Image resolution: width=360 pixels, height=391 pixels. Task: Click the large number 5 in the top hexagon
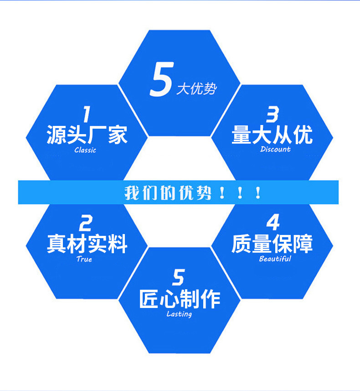(x=160, y=80)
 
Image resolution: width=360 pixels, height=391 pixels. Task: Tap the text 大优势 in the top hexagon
(x=196, y=89)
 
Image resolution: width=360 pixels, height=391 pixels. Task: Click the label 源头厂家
(x=87, y=135)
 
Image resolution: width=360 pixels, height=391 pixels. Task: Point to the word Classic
(x=85, y=150)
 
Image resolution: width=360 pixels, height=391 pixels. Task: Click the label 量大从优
(x=272, y=135)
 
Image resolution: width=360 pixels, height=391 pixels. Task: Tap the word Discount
(x=275, y=149)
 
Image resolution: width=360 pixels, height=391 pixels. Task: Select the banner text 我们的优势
(x=168, y=193)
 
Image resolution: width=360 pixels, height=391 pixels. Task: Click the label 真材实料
(x=87, y=244)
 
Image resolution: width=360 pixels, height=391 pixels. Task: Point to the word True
(x=84, y=259)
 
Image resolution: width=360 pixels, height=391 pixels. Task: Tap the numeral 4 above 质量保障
(x=273, y=223)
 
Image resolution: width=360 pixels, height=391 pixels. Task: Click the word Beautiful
(x=275, y=259)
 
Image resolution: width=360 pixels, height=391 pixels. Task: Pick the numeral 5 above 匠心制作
(x=179, y=278)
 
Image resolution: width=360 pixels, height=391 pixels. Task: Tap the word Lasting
(x=179, y=314)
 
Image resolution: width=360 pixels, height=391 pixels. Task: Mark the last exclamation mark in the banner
(x=258, y=193)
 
